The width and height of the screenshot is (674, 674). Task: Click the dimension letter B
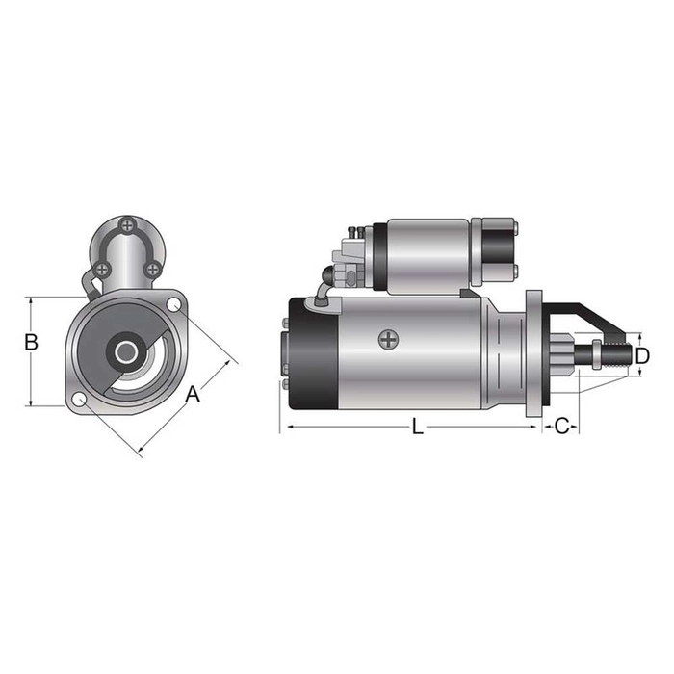tap(31, 342)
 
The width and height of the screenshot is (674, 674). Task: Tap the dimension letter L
tap(417, 427)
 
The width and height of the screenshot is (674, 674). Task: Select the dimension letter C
tap(563, 426)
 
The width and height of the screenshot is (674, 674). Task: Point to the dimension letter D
tap(643, 356)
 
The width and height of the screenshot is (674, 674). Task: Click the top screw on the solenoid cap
tap(127, 226)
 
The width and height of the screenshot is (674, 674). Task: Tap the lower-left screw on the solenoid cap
tap(102, 269)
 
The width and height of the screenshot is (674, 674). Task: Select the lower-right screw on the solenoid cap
tap(152, 269)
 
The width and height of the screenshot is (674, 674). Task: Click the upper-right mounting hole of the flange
tap(174, 305)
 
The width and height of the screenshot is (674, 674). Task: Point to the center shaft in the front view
tap(126, 352)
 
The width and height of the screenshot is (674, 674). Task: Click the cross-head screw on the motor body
tap(388, 339)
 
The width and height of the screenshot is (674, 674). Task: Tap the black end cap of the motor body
tap(310, 351)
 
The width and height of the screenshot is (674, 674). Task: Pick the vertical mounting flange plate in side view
tap(534, 351)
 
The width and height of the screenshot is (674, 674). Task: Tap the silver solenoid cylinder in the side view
tap(428, 254)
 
